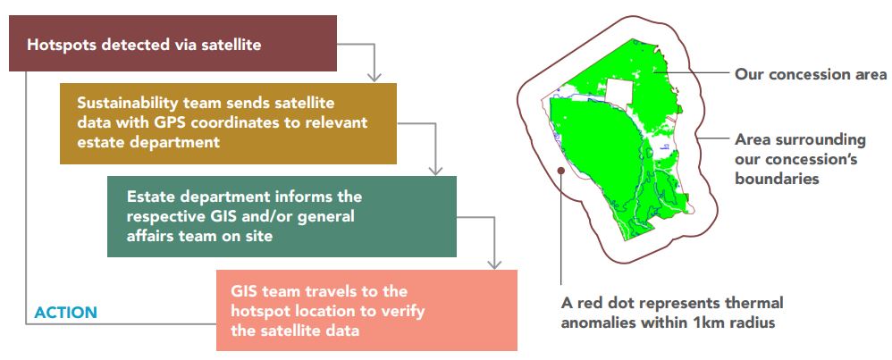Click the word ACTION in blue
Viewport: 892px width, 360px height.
click(x=66, y=313)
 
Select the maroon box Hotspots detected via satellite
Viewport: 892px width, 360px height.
click(x=173, y=43)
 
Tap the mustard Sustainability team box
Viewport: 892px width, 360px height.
click(x=228, y=123)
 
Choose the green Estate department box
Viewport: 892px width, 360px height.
click(x=282, y=216)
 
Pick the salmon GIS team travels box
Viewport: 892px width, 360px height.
click(x=366, y=310)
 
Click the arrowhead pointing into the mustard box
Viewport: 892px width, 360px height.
click(x=374, y=78)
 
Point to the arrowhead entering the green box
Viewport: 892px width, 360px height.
click(x=435, y=170)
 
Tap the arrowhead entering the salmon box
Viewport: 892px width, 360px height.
click(x=494, y=264)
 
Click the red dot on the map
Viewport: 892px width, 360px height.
click(x=561, y=170)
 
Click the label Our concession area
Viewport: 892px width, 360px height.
click(x=811, y=74)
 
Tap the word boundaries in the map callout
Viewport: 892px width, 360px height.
click(x=777, y=178)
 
